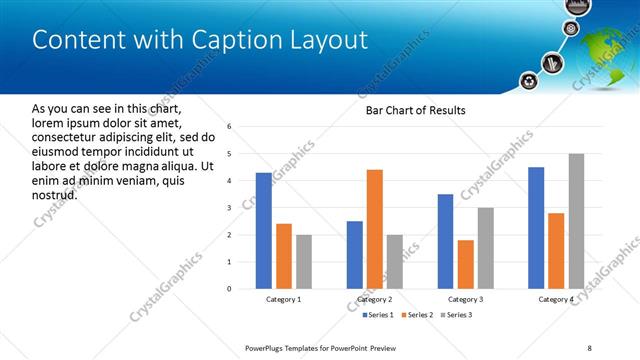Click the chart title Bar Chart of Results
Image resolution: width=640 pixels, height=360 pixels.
coord(415,110)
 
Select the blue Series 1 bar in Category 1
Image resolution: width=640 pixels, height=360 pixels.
coord(263,230)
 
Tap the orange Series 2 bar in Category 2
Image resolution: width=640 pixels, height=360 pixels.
coord(375,229)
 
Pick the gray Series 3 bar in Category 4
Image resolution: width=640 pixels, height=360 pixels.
coord(576,221)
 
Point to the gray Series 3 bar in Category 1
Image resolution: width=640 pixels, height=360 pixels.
coord(303,261)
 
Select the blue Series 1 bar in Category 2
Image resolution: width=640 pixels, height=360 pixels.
coord(355,254)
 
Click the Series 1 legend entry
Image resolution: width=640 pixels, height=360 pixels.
coord(374,315)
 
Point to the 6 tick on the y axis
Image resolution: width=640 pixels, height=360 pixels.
coord(230,127)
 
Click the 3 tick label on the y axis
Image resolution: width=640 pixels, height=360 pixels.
coord(230,208)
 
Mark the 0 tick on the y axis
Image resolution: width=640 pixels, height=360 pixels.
coord(230,289)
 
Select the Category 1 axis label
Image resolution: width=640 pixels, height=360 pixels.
coord(283,300)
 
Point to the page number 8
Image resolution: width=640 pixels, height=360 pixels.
coord(589,347)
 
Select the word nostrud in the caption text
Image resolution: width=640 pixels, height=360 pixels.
coord(55,194)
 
